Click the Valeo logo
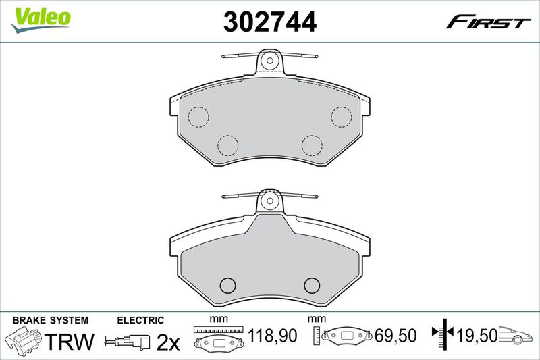41,20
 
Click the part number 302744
269,22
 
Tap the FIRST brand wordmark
488,23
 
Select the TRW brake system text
70,341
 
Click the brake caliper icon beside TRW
24,339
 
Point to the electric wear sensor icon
128,341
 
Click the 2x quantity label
168,342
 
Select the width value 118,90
273,336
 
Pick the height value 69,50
396,336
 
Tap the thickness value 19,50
477,335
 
